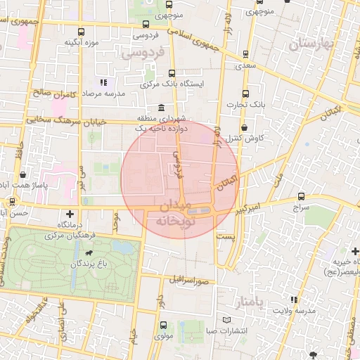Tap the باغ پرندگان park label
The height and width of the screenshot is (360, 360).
point(85,264)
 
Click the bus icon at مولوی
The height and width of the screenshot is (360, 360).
point(163,325)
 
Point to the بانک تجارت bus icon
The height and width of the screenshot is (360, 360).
point(245,94)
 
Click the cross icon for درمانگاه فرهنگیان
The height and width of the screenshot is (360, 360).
point(69,213)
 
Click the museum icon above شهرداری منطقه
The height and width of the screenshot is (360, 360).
point(162,108)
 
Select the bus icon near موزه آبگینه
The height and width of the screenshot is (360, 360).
point(81,32)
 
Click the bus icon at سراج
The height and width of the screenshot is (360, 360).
point(302,196)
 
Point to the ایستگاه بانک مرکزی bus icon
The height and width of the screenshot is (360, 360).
point(172,72)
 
